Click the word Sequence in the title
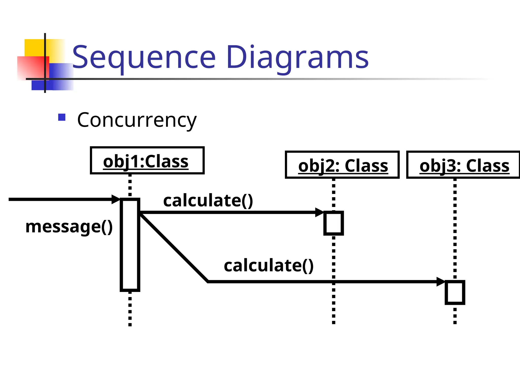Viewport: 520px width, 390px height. click(x=144, y=57)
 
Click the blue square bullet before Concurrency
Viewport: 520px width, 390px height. click(x=62, y=117)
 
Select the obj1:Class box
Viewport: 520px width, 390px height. click(x=147, y=160)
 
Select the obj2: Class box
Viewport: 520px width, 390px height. click(x=342, y=165)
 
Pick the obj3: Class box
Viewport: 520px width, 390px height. click(x=463, y=165)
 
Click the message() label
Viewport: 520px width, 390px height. click(x=69, y=226)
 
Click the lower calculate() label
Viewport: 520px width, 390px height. click(x=269, y=266)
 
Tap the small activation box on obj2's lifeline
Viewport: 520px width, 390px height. click(x=333, y=223)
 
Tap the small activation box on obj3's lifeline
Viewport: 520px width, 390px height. click(x=455, y=292)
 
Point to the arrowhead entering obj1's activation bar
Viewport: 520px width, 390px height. click(x=116, y=199)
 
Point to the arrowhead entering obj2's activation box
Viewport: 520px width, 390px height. click(x=319, y=212)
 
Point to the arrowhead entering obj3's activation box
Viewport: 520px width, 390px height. click(x=441, y=282)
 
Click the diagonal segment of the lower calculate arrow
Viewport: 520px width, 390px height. click(x=174, y=248)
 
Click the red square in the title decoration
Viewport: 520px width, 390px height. click(x=30, y=67)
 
